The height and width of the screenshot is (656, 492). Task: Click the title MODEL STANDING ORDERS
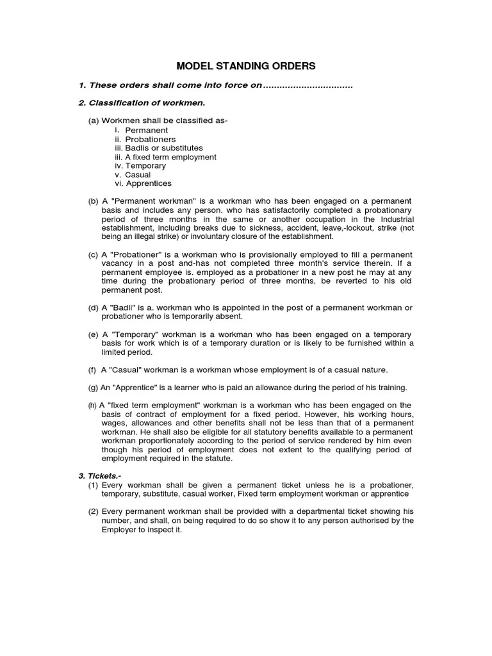click(x=246, y=66)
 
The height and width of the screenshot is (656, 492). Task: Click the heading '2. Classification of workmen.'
click(x=142, y=102)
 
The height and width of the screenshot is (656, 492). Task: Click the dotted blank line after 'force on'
click(x=308, y=86)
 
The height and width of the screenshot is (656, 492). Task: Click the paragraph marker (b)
click(x=94, y=201)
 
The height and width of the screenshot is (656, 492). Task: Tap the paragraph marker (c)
click(x=94, y=255)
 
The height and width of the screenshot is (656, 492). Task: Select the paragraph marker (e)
click(x=94, y=335)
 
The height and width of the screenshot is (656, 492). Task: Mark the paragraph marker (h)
click(x=93, y=406)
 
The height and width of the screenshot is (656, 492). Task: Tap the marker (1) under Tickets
click(x=94, y=486)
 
